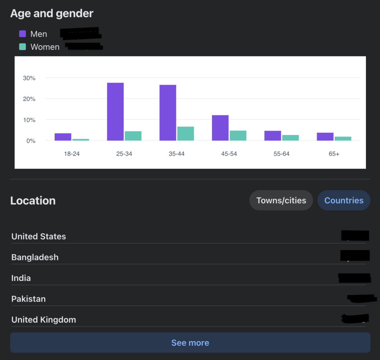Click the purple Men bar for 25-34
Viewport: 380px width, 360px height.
pyautogui.click(x=115, y=112)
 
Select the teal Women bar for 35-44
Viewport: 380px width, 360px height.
pyautogui.click(x=185, y=133)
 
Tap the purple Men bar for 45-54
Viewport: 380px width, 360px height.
pyautogui.click(x=220, y=128)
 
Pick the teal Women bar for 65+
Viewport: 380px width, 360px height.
pyautogui.click(x=343, y=139)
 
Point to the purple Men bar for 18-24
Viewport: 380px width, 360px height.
pyautogui.click(x=63, y=137)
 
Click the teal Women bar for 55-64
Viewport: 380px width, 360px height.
pyautogui.click(x=290, y=138)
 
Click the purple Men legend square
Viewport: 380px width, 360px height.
pyautogui.click(x=23, y=34)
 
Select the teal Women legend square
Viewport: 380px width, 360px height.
pyautogui.click(x=23, y=47)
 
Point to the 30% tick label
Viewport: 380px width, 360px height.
pyautogui.click(x=29, y=78)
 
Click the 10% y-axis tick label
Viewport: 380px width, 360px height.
pyautogui.click(x=29, y=120)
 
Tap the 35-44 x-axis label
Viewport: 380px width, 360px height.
pyautogui.click(x=177, y=154)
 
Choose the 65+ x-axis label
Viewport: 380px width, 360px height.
pyautogui.click(x=334, y=154)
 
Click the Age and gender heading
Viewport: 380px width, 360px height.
pyautogui.click(x=52, y=14)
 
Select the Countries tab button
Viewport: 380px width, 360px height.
pyautogui.click(x=344, y=201)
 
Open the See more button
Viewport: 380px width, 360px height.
pyautogui.click(x=190, y=343)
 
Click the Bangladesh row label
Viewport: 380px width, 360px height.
pyautogui.click(x=35, y=257)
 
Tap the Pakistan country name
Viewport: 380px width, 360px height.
pyautogui.click(x=29, y=299)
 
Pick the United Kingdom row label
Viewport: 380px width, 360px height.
pyautogui.click(x=44, y=320)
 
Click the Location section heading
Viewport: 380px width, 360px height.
pyautogui.click(x=33, y=201)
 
